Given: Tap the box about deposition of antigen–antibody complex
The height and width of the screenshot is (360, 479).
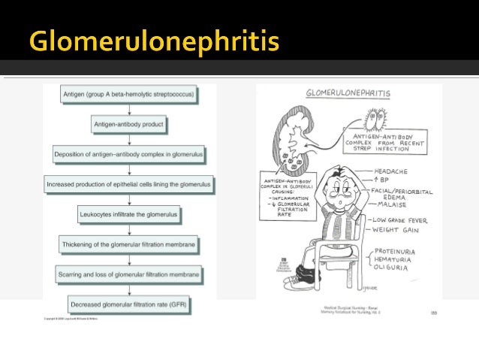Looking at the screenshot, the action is (x=129, y=154).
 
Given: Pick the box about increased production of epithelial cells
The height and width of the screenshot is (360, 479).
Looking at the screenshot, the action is (x=129, y=183).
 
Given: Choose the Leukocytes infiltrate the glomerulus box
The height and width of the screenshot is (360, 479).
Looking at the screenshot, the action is (x=129, y=214).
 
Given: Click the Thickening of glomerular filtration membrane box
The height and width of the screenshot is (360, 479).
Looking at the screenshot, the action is (x=129, y=244).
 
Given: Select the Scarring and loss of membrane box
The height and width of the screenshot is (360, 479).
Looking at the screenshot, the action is (x=129, y=274).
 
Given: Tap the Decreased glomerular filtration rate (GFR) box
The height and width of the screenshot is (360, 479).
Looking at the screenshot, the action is (x=129, y=304).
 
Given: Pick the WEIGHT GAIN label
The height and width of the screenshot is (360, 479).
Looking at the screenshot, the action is (x=397, y=230).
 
